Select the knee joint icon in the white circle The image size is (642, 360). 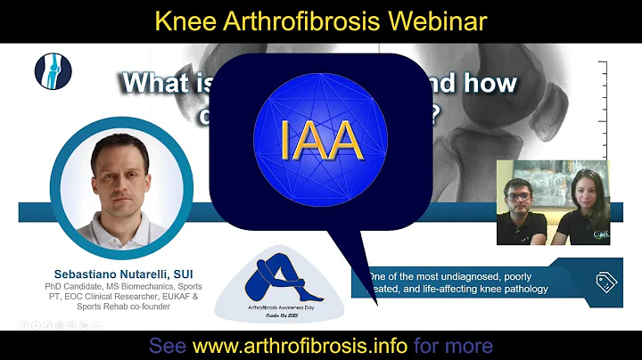(x=53, y=71)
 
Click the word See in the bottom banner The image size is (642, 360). (x=168, y=345)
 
